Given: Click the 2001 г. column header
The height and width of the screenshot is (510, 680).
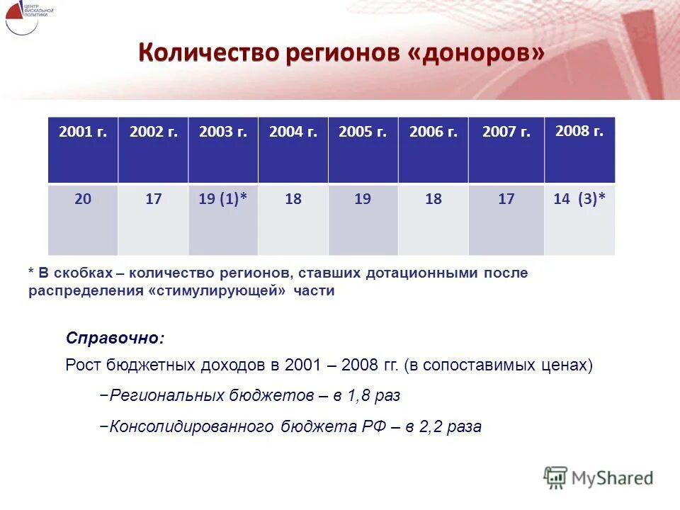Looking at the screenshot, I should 83,132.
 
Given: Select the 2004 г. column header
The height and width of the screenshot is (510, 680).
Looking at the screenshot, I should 293,132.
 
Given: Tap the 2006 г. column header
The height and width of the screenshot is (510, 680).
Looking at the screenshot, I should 433,132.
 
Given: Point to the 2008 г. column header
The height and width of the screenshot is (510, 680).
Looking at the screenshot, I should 579,131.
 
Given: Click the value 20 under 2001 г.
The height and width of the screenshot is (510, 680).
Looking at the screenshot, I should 83,200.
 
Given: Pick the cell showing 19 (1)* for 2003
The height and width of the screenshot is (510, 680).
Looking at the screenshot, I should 222,200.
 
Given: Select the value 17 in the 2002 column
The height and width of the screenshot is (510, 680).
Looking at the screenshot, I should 153,200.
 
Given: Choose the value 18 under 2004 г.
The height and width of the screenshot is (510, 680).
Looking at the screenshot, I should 293,200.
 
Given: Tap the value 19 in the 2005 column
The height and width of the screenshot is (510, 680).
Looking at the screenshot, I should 363,200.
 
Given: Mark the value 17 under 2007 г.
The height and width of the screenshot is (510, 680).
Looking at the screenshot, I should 506,200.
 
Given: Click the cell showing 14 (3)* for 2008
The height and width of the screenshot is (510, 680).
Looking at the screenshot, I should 579,200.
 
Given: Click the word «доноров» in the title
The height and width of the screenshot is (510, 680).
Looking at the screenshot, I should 476,53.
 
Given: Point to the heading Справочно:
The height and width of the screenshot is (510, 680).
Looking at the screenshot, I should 115,338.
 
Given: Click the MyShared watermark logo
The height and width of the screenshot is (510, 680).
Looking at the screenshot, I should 599,477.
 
